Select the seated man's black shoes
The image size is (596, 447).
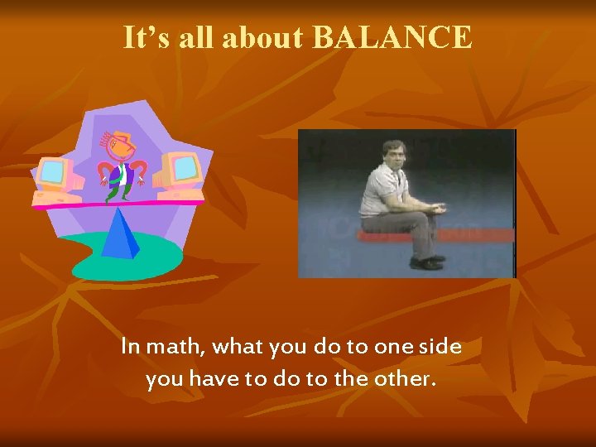tap(427, 262)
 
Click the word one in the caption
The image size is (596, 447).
tap(390, 347)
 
